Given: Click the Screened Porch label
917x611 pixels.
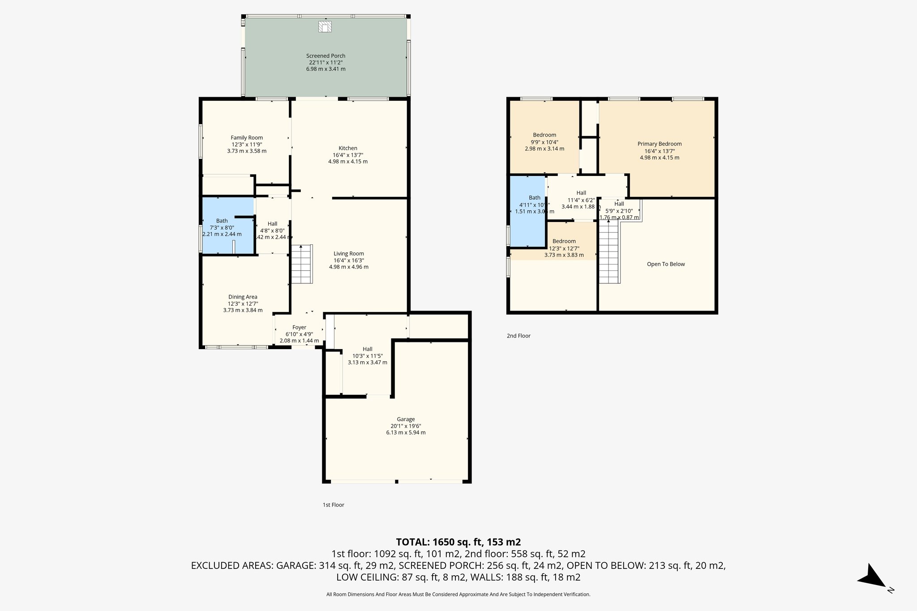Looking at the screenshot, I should pyautogui.click(x=326, y=56).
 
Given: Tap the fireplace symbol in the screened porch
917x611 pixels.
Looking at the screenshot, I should pyautogui.click(x=326, y=27).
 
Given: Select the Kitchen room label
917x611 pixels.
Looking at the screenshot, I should pyautogui.click(x=348, y=148).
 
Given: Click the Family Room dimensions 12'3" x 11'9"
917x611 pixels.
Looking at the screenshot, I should pyautogui.click(x=247, y=145).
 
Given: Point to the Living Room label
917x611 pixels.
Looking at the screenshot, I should pyautogui.click(x=348, y=253).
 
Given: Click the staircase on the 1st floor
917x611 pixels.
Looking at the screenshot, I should pyautogui.click(x=302, y=264).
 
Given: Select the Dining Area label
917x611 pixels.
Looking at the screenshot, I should pyautogui.click(x=243, y=297).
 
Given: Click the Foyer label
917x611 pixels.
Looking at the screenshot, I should pyautogui.click(x=299, y=328).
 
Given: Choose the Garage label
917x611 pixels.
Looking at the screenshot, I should pyautogui.click(x=406, y=419).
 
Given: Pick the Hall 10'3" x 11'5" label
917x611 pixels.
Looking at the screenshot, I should pyautogui.click(x=367, y=349).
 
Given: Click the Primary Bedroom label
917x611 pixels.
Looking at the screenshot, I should pyautogui.click(x=660, y=144).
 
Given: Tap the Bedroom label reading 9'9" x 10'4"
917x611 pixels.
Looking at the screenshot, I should pyautogui.click(x=544, y=135).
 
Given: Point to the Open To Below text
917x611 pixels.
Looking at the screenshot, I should pyautogui.click(x=666, y=264).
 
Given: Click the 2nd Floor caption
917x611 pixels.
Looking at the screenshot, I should pyautogui.click(x=518, y=336).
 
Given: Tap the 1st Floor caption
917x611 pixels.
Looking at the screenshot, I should pyautogui.click(x=334, y=504).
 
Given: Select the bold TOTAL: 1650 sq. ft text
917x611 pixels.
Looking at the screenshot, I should pyautogui.click(x=458, y=542).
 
